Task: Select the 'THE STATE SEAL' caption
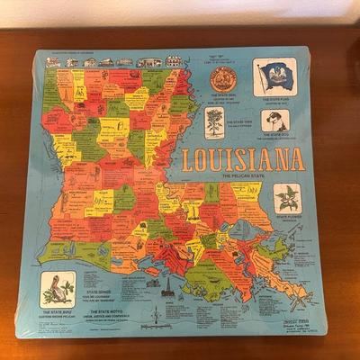click(222, 97)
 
